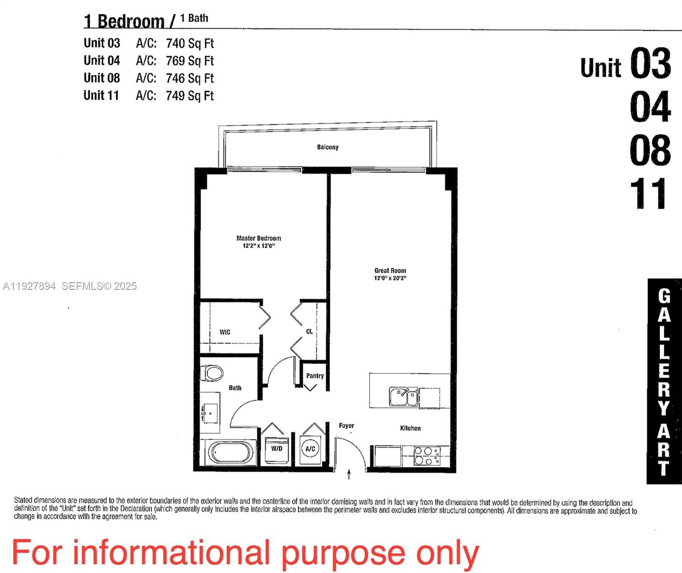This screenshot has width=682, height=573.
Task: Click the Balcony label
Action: tap(328, 147)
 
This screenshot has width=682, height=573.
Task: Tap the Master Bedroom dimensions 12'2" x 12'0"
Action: tap(258, 246)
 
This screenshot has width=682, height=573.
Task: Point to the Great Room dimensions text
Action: tap(390, 278)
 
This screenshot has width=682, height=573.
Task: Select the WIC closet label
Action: tap(225, 332)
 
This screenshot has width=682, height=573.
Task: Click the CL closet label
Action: tap(309, 331)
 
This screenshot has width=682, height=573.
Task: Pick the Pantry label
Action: tap(315, 376)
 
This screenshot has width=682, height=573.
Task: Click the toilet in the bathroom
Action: tap(212, 373)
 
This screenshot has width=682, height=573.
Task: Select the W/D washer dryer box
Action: tap(277, 449)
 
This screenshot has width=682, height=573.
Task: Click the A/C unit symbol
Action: tap(310, 449)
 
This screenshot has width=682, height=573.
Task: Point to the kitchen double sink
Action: tap(403, 397)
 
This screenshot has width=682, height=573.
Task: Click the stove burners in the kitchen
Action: tap(426, 456)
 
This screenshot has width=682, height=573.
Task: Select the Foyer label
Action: tap(346, 425)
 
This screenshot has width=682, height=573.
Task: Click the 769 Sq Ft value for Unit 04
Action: tap(190, 61)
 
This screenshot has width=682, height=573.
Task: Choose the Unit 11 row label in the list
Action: tap(101, 95)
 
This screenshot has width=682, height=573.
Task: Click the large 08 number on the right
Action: tap(650, 150)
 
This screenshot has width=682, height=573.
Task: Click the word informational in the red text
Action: tap(172, 553)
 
